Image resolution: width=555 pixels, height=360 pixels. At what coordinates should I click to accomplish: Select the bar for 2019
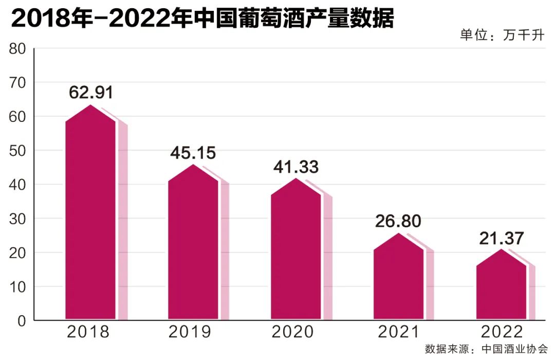coord(193,247)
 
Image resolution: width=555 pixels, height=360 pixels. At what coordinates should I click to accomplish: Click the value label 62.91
coord(90,93)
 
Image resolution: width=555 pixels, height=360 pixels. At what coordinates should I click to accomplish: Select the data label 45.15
coord(193,153)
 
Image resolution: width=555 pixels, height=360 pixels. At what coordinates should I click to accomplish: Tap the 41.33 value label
coord(295,167)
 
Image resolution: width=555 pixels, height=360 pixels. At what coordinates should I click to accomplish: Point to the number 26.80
coord(398,221)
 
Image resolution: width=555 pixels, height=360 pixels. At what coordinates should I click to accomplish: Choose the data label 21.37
coord(501,238)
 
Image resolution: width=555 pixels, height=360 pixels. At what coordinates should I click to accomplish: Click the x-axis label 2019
coord(190,332)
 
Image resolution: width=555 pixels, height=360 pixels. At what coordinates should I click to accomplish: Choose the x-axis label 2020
coord(293,332)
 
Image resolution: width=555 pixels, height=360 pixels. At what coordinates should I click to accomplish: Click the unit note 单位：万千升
coord(502,36)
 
